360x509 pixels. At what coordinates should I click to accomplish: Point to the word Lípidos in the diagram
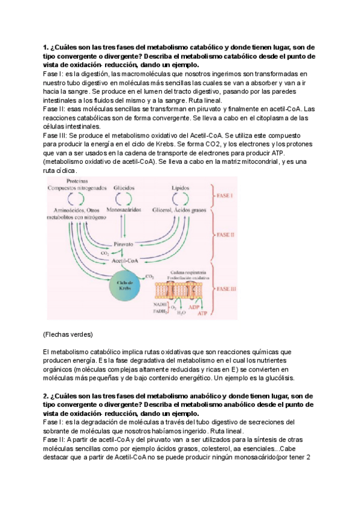pyautogui.click(x=181, y=188)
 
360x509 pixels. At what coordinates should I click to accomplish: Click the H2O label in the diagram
pyautogui.click(x=181, y=313)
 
